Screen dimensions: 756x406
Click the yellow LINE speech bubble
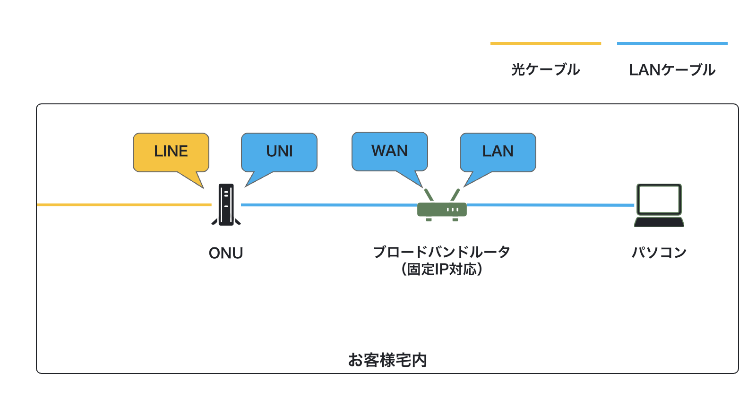point(171,152)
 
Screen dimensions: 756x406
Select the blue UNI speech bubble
point(279,152)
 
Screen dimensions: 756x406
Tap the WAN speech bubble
point(390,152)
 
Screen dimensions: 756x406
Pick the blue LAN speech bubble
point(498,152)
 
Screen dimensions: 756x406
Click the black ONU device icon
point(226,204)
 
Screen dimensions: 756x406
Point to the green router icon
point(442,205)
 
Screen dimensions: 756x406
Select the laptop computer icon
point(659,205)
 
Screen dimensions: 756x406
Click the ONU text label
point(226,253)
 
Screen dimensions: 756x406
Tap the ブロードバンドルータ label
point(441,252)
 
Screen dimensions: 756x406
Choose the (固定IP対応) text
point(441,269)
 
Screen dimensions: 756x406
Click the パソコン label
point(659,252)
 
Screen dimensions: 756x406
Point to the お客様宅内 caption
point(387,360)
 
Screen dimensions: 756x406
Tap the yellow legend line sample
point(546,43)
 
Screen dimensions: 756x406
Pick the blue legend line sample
point(672,43)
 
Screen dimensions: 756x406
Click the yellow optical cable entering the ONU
point(124,205)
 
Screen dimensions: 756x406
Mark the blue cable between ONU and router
point(329,205)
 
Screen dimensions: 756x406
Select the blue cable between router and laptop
point(550,205)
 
